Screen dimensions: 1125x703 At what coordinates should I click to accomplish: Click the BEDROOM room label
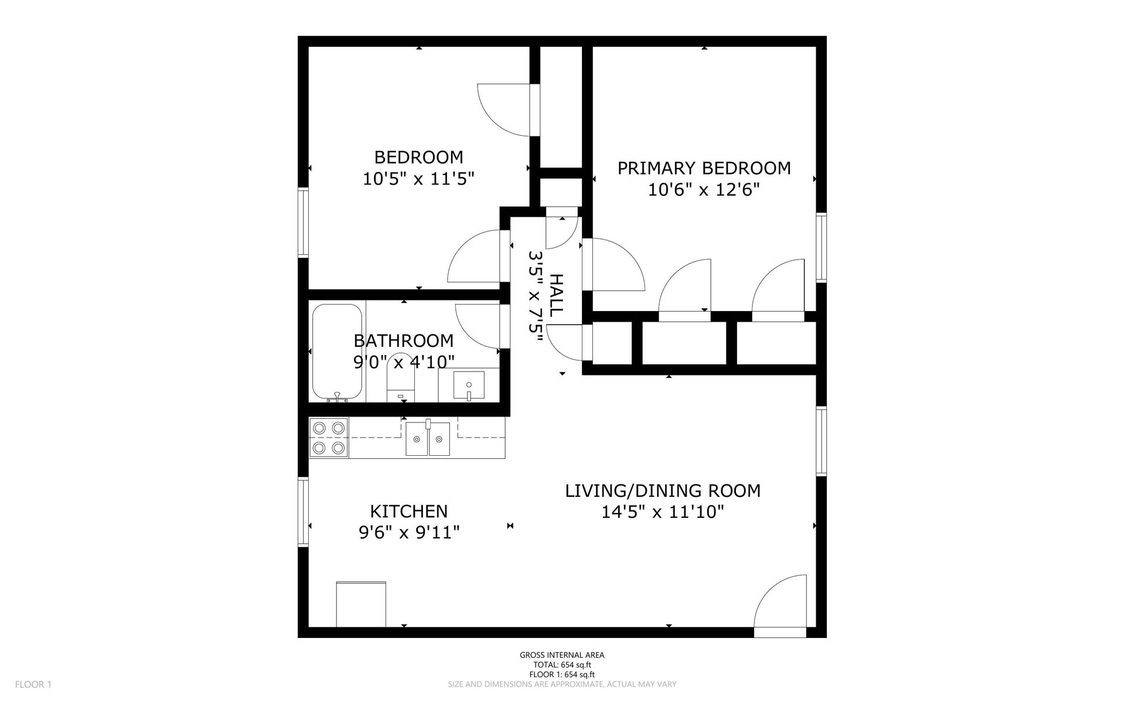click(x=418, y=157)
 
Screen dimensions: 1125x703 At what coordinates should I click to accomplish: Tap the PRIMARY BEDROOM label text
click(x=704, y=168)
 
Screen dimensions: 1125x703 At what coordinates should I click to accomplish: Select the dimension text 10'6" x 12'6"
click(x=704, y=189)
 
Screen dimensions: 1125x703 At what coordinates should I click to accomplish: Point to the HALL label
click(x=556, y=295)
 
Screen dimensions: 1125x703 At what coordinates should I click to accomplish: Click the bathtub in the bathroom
click(x=337, y=353)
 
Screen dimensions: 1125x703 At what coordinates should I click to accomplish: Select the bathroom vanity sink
click(x=469, y=385)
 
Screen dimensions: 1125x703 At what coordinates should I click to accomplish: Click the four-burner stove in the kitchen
click(x=329, y=438)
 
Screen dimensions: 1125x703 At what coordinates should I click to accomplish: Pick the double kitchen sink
click(x=428, y=438)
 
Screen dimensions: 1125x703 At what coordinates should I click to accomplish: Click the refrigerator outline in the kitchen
click(x=361, y=604)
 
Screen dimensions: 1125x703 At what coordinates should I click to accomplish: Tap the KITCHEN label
click(x=409, y=511)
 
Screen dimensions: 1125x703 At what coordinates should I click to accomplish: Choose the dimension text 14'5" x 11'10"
click(x=663, y=512)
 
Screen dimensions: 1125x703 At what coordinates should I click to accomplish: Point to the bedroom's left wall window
click(x=303, y=222)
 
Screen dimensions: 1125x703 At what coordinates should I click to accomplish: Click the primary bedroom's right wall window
click(x=821, y=248)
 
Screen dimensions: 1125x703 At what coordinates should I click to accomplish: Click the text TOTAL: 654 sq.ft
click(x=562, y=665)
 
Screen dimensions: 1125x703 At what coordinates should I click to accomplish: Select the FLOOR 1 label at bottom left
click(x=33, y=684)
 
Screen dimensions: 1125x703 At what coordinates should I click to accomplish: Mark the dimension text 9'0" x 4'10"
click(x=404, y=362)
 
